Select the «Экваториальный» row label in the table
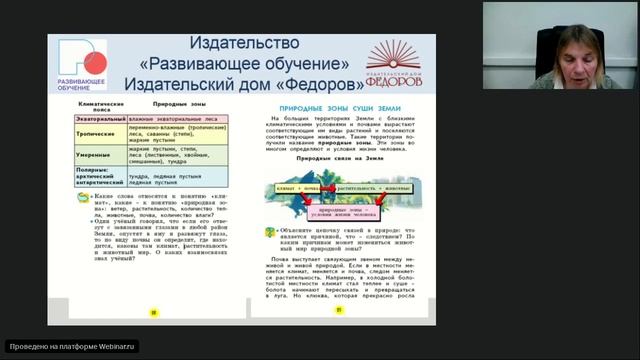coord(100,119)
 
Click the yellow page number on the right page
coord(339,310)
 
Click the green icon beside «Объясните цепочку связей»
coord(270,232)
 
